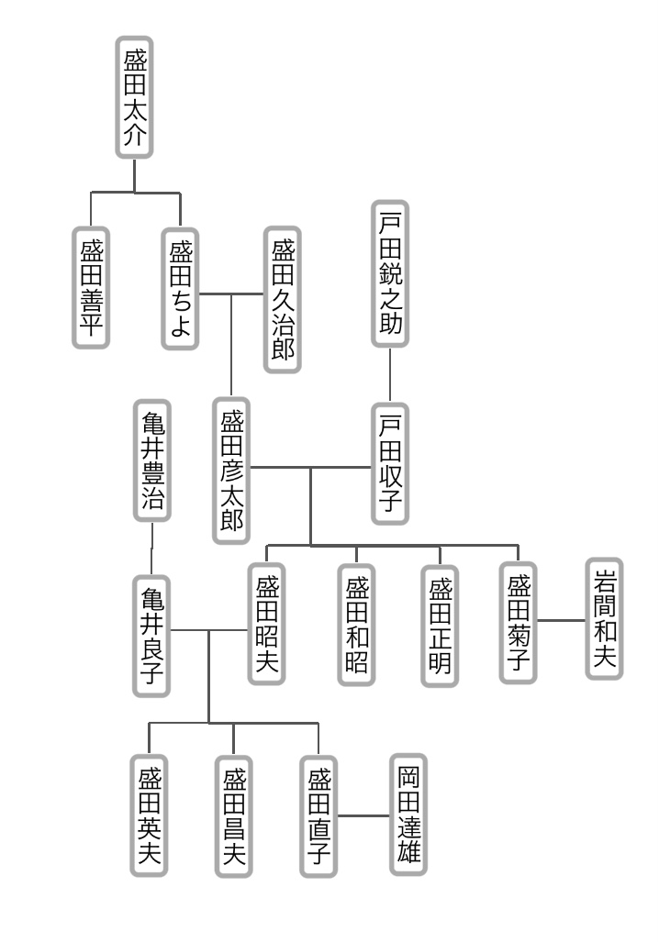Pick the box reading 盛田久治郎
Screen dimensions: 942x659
tap(283, 300)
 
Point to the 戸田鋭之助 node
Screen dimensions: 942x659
tap(390, 274)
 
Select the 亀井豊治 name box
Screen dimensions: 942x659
tap(152, 460)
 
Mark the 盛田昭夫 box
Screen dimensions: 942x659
tap(267, 624)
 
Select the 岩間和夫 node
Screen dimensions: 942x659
tap(604, 619)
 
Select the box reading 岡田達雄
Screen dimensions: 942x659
tap(408, 815)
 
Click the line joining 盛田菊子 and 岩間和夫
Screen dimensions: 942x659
tap(561, 621)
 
